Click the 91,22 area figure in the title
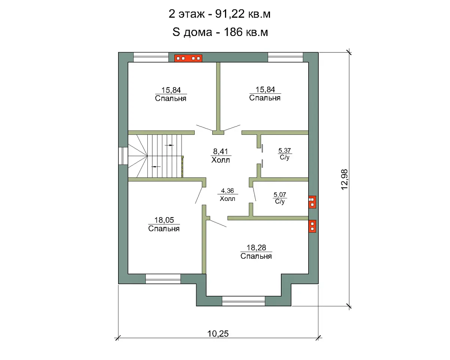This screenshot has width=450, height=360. tap(229, 14)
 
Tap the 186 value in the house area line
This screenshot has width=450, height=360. tap(233, 32)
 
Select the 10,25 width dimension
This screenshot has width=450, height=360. tap(218, 334)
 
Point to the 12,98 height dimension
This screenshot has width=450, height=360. tap(344, 180)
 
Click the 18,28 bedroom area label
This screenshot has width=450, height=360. tap(256, 247)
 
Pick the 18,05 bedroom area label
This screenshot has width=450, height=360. tap(164, 220)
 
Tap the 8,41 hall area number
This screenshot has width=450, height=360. tap(220, 151)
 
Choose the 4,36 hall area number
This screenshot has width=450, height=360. tap(227, 191)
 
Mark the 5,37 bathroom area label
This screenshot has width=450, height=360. tap(284, 150)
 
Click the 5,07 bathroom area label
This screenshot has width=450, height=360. tap(280, 195)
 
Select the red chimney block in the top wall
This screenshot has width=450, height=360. tap(188, 58)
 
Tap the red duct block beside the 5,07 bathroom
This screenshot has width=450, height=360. tap(312, 202)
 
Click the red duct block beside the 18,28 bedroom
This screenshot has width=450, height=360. tap(312, 226)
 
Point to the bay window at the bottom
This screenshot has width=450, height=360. tap(243, 301)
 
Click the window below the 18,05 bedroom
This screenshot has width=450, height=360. tap(163, 279)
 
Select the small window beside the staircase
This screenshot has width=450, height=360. tap(123, 156)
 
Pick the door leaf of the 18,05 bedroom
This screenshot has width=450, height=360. tap(199, 195)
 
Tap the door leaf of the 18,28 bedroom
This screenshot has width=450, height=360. tap(218, 223)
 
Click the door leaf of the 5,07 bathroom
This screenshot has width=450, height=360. tap(255, 194)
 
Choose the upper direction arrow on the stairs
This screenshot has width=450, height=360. tap(169, 145)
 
